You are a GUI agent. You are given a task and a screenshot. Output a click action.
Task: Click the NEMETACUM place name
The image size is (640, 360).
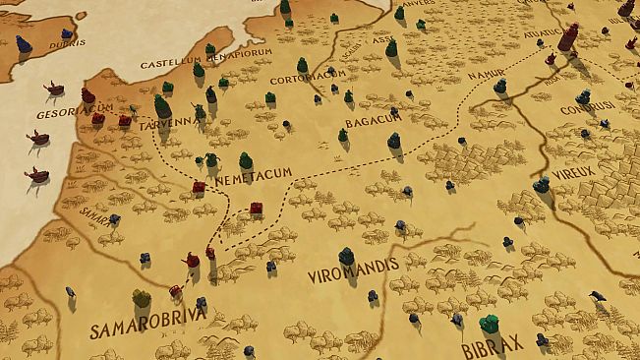click(258, 172)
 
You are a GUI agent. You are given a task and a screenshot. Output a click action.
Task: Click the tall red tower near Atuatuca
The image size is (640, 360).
click(568, 37)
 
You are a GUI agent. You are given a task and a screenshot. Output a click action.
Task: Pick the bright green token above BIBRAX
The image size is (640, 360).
click(488, 323)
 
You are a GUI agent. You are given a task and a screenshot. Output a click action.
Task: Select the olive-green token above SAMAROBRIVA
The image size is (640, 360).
click(142, 297)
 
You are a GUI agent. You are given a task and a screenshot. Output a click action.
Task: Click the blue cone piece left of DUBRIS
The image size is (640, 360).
click(24, 43)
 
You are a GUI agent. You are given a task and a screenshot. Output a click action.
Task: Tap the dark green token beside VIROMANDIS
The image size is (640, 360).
click(346, 256)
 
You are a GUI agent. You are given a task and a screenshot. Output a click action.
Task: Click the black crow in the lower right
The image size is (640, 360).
click(597, 295)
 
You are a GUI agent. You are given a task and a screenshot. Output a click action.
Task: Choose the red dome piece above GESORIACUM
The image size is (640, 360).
click(87, 96)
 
